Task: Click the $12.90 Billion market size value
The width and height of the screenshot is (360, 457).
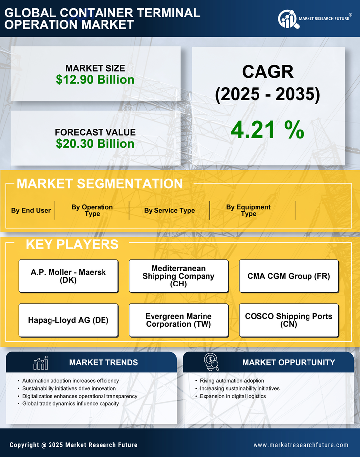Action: point(95,80)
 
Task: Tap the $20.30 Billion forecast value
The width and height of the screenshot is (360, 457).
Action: point(95,144)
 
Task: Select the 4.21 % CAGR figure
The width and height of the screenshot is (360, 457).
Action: point(267,130)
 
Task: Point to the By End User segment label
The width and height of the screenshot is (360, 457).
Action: point(31,210)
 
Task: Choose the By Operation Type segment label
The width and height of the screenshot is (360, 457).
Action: point(92,210)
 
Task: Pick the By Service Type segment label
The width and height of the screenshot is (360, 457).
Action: point(169,210)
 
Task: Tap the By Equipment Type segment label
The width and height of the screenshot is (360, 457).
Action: point(249,210)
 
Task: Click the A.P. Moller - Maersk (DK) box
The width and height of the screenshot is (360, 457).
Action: point(68,276)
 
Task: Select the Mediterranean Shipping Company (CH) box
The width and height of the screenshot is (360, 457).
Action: point(178,276)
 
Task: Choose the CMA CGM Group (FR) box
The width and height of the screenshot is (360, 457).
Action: point(289,276)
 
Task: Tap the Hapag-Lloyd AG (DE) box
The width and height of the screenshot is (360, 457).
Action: point(68,320)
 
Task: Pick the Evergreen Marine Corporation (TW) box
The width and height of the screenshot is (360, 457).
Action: point(178,320)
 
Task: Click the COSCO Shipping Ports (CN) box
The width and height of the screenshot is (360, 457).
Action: point(289,320)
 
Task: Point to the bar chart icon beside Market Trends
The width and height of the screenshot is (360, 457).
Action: point(41,363)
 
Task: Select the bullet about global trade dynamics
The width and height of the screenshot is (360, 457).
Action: point(70,404)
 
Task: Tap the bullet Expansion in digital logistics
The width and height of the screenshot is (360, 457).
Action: point(233,396)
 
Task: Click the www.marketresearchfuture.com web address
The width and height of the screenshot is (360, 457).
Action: point(301,445)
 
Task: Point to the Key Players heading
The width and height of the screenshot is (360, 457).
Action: point(72,244)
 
